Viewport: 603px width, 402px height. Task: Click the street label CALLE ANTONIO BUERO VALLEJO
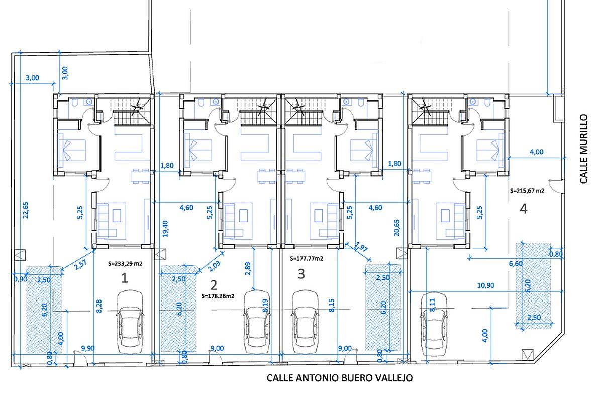click(340, 378)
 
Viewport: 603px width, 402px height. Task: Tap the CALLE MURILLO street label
click(583, 149)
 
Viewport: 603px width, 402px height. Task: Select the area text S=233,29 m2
click(125, 264)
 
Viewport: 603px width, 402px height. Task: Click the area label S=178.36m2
click(218, 296)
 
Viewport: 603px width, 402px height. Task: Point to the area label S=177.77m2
click(307, 258)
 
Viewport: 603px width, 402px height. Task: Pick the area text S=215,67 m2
click(527, 191)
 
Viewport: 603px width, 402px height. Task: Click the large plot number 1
click(125, 278)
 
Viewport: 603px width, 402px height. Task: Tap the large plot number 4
click(523, 209)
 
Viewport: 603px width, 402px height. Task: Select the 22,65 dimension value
click(25, 210)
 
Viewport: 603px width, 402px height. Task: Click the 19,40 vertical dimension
click(165, 229)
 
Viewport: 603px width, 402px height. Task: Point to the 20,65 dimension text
click(397, 228)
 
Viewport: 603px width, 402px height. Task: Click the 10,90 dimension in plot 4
click(485, 285)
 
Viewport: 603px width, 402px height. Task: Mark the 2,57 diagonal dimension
click(80, 264)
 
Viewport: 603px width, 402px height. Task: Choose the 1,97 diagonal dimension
click(361, 247)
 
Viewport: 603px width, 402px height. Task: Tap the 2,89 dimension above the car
click(248, 268)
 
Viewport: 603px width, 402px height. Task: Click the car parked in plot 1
click(130, 322)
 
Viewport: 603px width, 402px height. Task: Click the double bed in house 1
click(72, 150)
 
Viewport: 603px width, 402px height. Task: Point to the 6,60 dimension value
click(516, 264)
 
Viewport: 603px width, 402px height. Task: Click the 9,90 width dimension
click(88, 348)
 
